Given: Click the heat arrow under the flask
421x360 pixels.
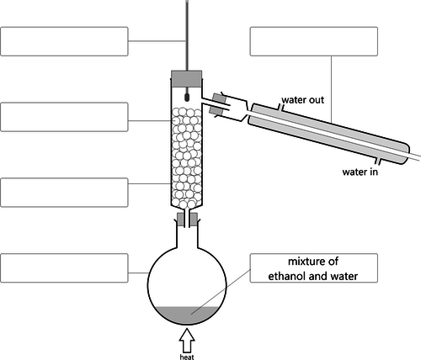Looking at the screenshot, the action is (x=187, y=341).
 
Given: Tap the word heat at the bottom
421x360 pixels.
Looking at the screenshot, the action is (x=187, y=357).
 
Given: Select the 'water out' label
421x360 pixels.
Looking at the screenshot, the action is (x=303, y=100).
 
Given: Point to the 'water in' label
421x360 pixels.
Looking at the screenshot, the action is (x=360, y=172).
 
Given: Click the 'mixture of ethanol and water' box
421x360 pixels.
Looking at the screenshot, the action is (x=314, y=268).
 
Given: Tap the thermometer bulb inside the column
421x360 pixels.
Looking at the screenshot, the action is (x=187, y=98).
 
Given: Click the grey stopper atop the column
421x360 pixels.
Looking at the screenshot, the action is (x=187, y=78).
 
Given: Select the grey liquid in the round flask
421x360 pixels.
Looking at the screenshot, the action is (x=187, y=315).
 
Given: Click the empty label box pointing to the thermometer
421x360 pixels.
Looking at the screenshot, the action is (x=64, y=41).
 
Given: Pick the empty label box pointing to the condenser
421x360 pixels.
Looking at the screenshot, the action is (x=314, y=41).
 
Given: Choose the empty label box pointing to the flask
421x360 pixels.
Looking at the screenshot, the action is (x=64, y=268).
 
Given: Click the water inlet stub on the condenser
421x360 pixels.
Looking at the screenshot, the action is (x=378, y=161).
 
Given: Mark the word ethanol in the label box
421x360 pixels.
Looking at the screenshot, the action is (x=288, y=276).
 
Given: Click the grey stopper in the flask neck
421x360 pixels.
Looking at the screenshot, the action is (x=187, y=220).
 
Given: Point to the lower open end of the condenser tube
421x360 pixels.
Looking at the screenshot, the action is (x=419, y=157).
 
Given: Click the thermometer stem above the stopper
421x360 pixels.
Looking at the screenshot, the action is (x=187, y=35).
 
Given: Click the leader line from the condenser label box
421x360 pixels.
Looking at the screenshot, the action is (x=332, y=89).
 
